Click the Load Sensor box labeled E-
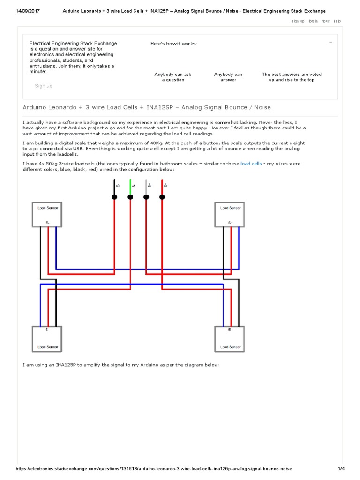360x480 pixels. click(x=47, y=214)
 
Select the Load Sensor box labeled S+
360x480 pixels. click(x=230, y=214)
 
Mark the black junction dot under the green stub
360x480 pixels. click(x=130, y=197)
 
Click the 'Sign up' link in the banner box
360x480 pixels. click(x=44, y=86)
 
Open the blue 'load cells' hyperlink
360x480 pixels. click(x=251, y=164)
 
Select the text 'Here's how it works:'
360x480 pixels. click(x=173, y=44)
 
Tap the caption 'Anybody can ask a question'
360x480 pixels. click(x=173, y=77)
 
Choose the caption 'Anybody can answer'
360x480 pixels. click(x=228, y=77)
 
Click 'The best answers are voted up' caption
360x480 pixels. click(x=292, y=77)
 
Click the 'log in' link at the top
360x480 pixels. click(x=314, y=21)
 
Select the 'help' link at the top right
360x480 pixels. click(x=337, y=21)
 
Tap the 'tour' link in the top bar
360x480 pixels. click(x=326, y=21)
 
